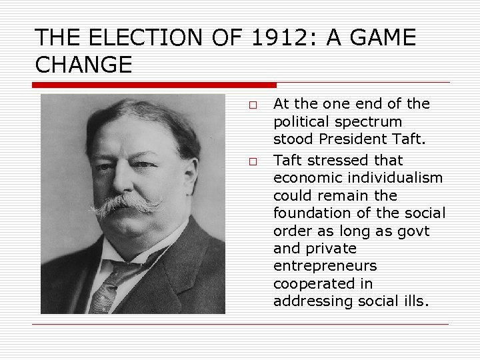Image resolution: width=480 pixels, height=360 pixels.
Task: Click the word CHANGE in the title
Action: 83,65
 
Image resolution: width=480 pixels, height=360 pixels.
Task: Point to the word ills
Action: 415,301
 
